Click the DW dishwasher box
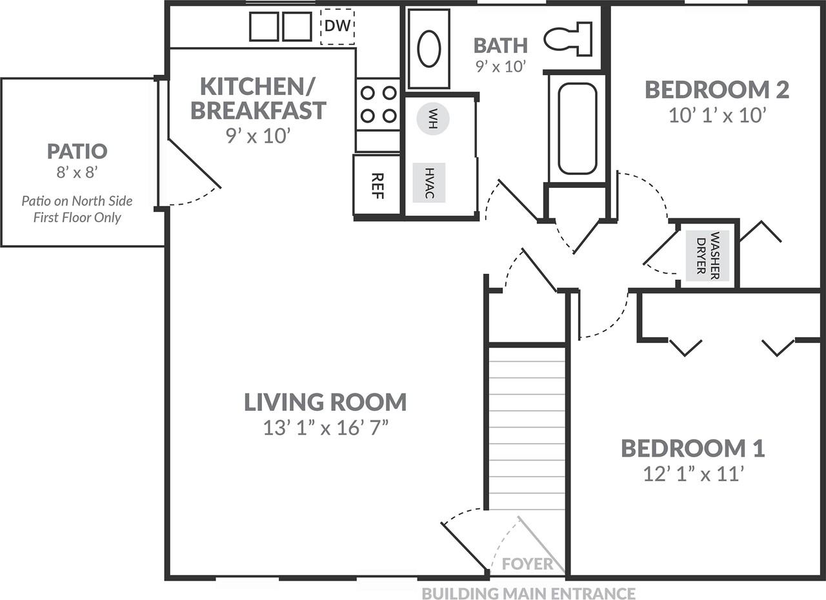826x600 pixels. point(337,26)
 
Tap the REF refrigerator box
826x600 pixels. point(378,185)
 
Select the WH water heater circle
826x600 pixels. point(432,119)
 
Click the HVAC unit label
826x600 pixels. point(429,182)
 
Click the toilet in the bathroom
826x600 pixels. point(568,38)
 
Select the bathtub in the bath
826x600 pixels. point(577,128)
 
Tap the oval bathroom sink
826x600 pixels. point(428,48)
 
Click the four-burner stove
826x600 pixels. point(378,104)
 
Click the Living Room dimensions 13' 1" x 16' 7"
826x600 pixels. point(325,428)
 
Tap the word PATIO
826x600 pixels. point(77,151)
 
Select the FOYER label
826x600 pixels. point(528,564)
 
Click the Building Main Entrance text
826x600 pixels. point(528,593)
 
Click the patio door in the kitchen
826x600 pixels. point(194,165)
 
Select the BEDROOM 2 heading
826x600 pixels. point(717,90)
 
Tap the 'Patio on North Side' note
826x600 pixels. point(77,201)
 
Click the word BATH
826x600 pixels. point(500,45)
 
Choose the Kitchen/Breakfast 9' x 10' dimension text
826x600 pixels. point(258,136)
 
